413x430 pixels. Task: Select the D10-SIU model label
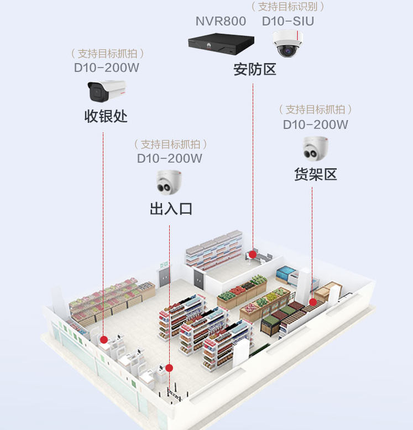point(287,22)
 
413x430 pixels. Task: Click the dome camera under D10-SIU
point(287,44)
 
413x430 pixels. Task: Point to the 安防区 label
point(254,70)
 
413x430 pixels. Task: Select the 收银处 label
point(106,116)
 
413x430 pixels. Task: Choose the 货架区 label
point(315,174)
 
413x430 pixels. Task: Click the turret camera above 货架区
point(316,148)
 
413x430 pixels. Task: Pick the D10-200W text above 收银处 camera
point(107,68)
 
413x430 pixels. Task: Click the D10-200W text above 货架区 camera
point(316,125)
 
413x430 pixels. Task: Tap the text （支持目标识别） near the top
point(287,7)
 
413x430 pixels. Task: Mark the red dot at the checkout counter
point(103,339)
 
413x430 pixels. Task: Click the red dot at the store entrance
point(169,368)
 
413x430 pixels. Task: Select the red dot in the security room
point(253,255)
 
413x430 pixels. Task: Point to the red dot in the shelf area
point(312,302)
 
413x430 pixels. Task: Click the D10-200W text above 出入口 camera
point(170,158)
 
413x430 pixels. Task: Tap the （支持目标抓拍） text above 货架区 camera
point(316,110)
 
